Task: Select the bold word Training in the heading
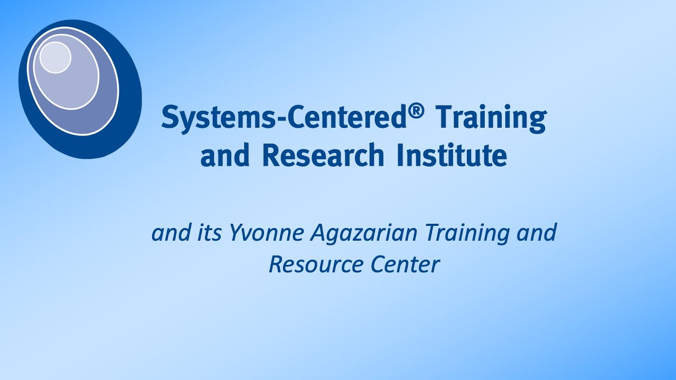click(490, 118)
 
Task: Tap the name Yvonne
click(267, 234)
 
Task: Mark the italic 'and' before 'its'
click(171, 233)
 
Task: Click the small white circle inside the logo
click(55, 57)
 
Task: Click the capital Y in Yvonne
click(235, 233)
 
